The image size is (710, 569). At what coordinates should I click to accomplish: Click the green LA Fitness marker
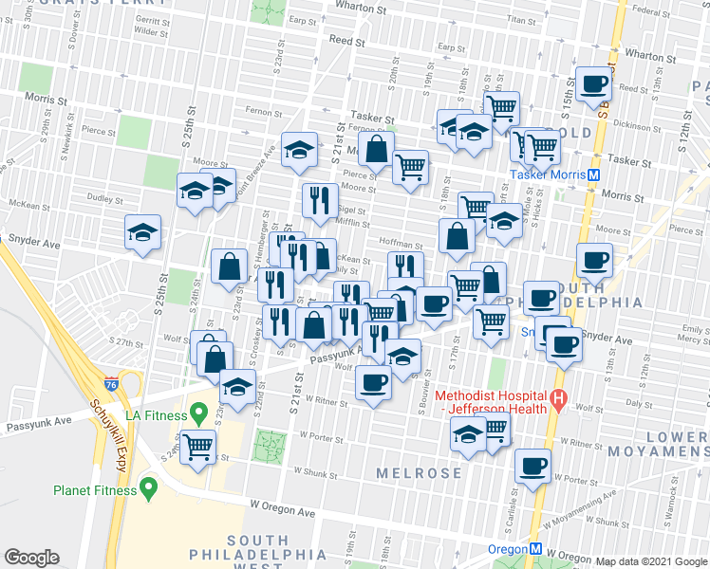point(198,413)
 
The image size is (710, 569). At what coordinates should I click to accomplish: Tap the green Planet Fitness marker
point(148,488)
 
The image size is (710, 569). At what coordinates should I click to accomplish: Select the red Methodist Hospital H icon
point(559,401)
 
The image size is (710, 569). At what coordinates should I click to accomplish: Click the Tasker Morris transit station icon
point(593,174)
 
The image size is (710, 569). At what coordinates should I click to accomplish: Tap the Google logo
point(31,558)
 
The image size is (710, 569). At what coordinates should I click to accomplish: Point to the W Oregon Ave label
point(282,509)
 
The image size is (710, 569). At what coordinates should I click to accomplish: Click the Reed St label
point(346,41)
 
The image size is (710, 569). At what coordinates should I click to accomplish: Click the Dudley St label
point(100,198)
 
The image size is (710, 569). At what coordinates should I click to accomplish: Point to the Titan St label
point(522,19)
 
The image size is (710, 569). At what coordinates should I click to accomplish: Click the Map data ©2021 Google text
point(651,561)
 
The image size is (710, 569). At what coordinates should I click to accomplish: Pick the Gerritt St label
point(151,18)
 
